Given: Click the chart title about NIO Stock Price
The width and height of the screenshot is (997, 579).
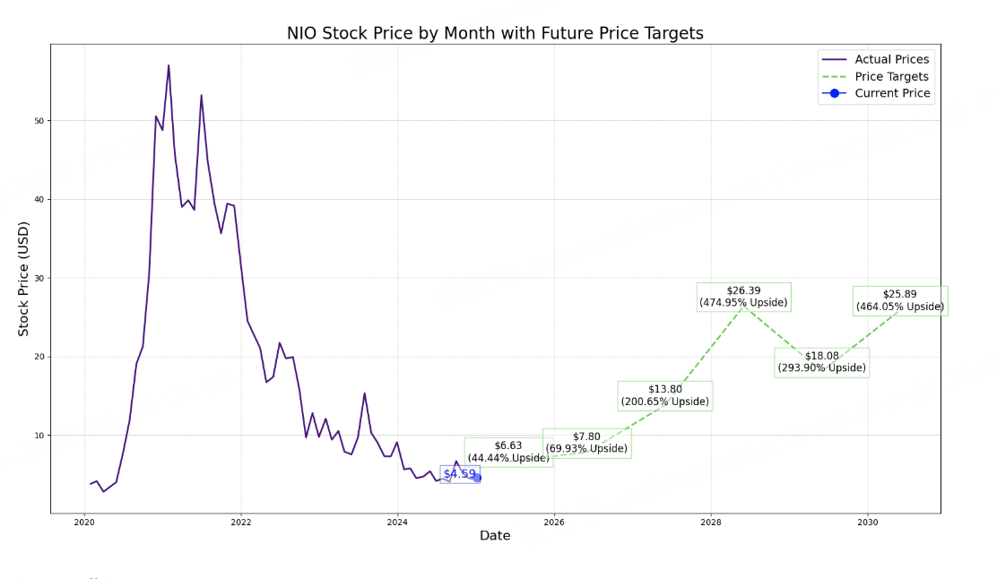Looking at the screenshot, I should (495, 33).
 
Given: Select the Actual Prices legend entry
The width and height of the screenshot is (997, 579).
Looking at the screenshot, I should (891, 59).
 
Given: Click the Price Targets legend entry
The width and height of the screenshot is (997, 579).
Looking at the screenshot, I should (891, 76).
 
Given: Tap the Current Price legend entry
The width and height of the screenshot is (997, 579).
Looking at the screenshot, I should (892, 93).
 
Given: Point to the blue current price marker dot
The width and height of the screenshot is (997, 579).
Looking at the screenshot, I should (477, 478).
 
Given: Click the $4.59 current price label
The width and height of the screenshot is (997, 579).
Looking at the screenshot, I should (459, 474).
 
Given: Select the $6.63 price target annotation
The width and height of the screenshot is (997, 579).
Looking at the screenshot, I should (507, 452).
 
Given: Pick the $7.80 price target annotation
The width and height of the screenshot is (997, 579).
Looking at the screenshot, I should (586, 443).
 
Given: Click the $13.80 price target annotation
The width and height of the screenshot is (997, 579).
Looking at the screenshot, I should (664, 395).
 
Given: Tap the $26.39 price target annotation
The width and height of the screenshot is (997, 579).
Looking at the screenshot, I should (743, 297).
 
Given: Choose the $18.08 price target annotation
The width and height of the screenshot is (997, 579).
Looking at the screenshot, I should (821, 362).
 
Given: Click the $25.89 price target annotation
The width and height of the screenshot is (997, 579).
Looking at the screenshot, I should (899, 300).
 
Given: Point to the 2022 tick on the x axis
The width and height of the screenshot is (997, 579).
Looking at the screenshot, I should (240, 522).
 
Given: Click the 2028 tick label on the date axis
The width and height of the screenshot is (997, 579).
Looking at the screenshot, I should (711, 522).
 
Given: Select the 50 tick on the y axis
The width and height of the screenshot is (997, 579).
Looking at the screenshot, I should (39, 121).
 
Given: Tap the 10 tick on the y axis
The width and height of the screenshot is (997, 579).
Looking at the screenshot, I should (39, 436).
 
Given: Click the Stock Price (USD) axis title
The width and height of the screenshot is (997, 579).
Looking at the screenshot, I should (24, 279).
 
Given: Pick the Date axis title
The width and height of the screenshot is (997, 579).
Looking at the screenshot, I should (495, 536).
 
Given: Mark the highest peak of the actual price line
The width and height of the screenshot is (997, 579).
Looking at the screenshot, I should (169, 65).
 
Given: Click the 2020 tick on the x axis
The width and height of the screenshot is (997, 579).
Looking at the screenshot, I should (83, 522).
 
